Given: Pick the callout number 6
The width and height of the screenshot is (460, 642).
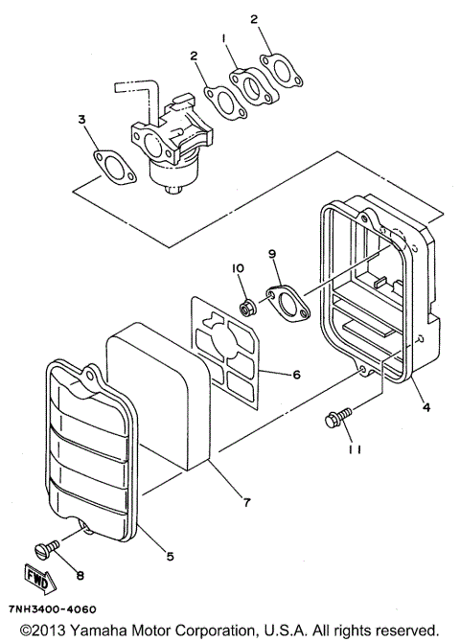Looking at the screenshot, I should point(296,375).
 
